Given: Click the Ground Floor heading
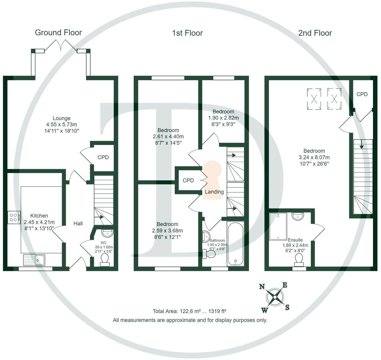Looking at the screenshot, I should coord(58,33).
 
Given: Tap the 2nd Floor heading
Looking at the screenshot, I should coord(315,33).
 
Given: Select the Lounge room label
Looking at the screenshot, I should coord(61,118).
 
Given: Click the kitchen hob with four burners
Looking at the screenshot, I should coord(14,217).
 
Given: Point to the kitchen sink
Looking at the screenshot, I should coord(34,260).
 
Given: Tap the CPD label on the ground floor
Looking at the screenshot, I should coord(103,157).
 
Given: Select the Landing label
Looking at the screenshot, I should coord(214,192).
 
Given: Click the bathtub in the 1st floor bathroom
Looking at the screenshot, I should coord(235,243).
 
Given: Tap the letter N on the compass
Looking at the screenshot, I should coord(262,287).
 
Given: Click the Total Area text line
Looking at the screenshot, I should coord(189,311).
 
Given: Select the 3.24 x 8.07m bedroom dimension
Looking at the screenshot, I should coord(314,157).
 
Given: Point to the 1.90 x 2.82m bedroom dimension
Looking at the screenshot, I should coord(223,118).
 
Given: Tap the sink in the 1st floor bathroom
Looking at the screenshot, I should coord(206,236).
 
